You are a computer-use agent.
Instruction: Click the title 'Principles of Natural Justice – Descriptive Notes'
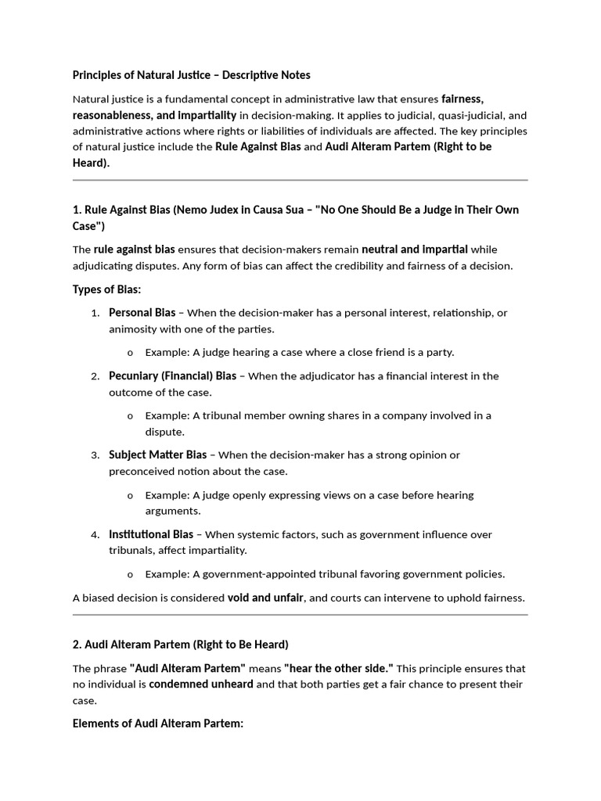click(x=191, y=75)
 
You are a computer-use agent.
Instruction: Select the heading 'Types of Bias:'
click(x=106, y=289)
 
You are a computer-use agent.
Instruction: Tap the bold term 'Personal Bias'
click(x=142, y=313)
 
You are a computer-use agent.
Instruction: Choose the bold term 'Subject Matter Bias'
click(x=157, y=455)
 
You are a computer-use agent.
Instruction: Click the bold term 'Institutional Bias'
click(x=150, y=535)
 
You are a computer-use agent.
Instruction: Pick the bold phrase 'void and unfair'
click(x=265, y=598)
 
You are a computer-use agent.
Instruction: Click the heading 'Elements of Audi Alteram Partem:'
click(x=158, y=724)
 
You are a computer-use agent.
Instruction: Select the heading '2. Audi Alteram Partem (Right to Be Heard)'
click(x=180, y=645)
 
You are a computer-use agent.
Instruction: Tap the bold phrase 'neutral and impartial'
click(x=415, y=250)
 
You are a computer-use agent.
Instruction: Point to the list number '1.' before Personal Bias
click(x=95, y=314)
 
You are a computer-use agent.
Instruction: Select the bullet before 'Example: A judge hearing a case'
click(x=130, y=353)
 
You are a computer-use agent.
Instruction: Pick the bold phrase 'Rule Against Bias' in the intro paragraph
click(x=257, y=147)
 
